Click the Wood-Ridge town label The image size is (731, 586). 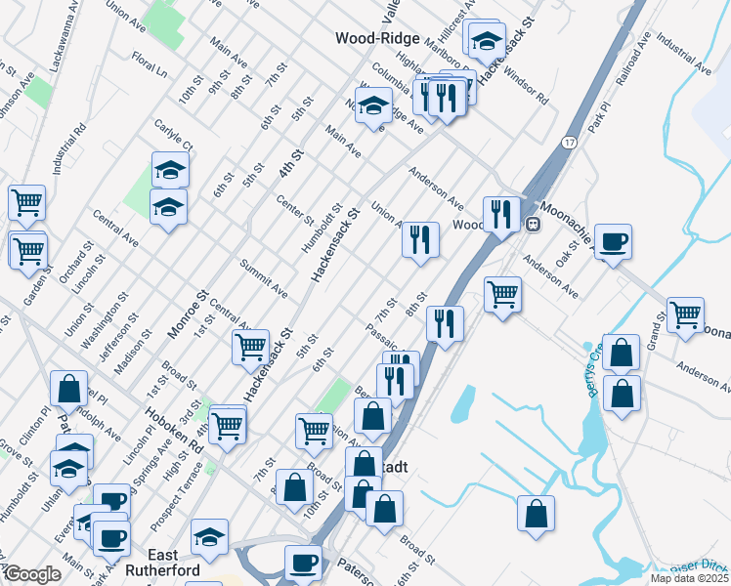click(x=377, y=38)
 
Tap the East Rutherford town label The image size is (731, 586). click(x=161, y=569)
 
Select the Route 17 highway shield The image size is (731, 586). click(x=569, y=143)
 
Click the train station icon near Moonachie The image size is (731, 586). click(x=534, y=224)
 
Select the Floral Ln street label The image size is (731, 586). click(x=150, y=65)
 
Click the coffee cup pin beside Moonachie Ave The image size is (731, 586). click(x=613, y=241)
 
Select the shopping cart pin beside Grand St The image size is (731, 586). click(x=686, y=314)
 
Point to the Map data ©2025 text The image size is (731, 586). click(x=689, y=578)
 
